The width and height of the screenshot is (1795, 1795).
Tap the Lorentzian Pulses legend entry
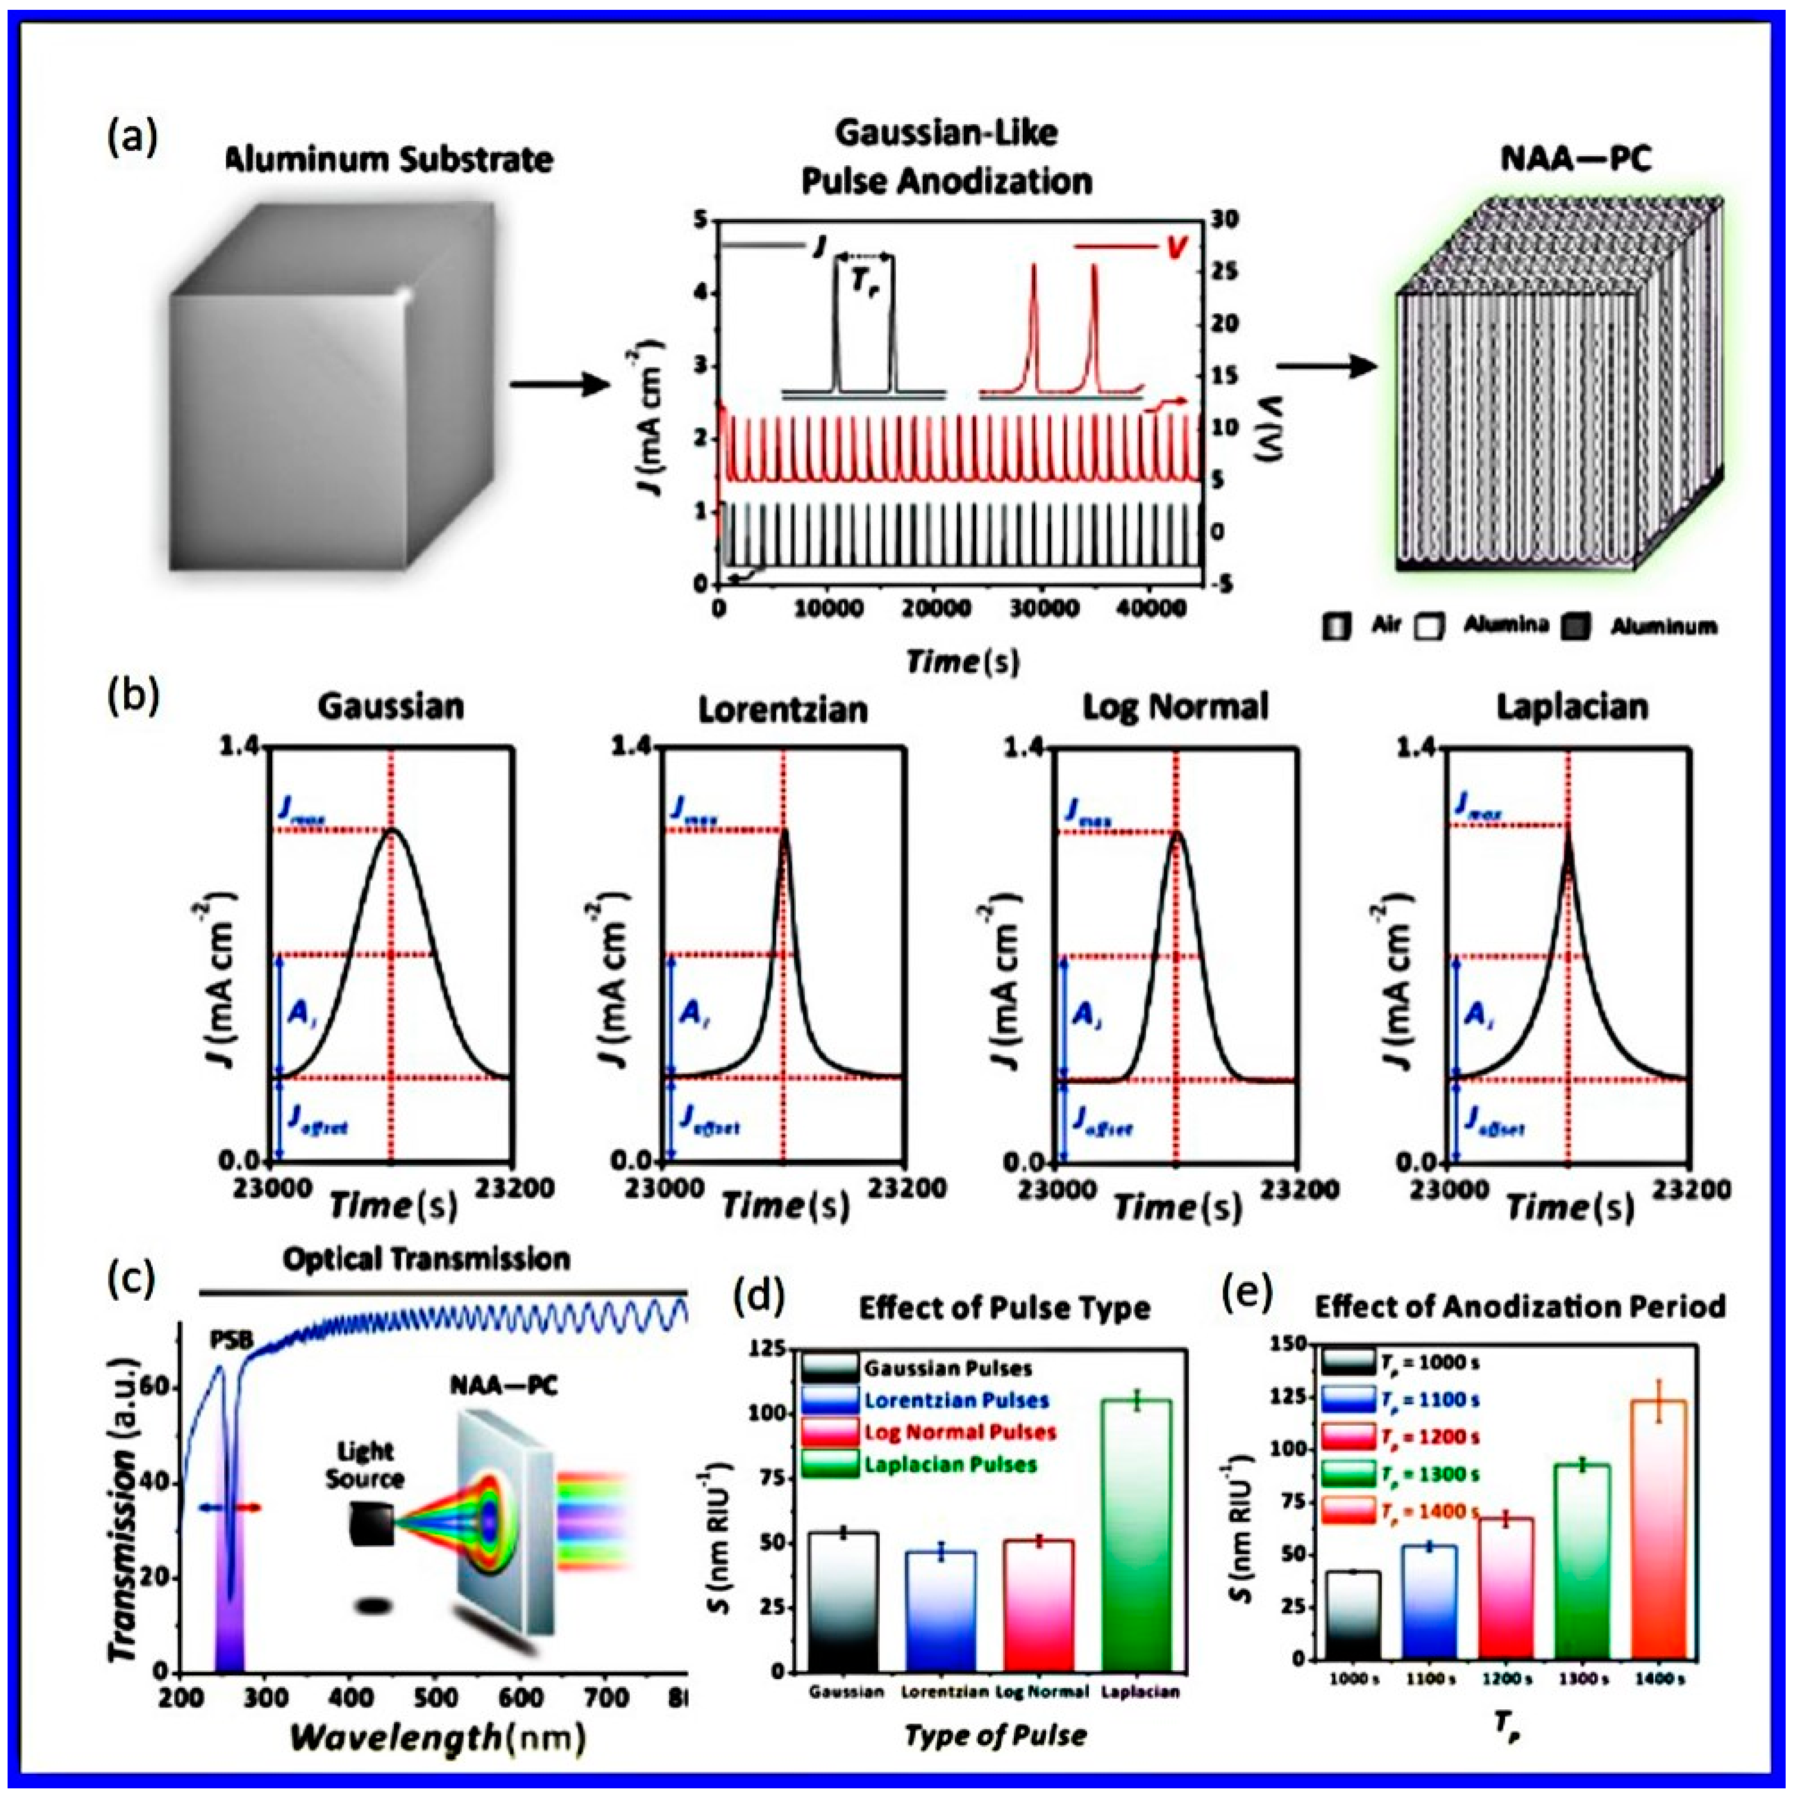pyautogui.click(x=957, y=1400)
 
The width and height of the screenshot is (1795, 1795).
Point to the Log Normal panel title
pyautogui.click(x=1176, y=708)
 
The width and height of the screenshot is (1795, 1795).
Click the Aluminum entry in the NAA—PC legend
pyautogui.click(x=1663, y=627)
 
